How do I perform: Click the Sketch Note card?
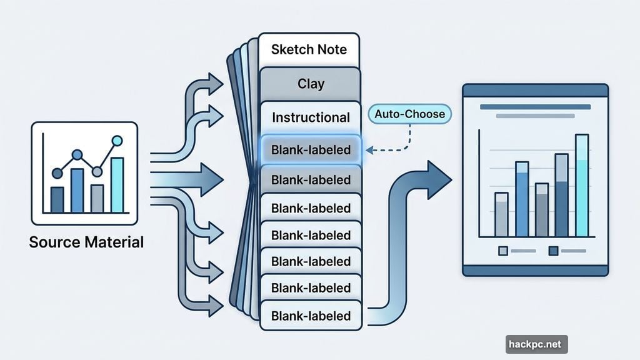(x=309, y=49)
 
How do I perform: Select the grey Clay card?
(x=311, y=83)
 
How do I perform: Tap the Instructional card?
(x=311, y=117)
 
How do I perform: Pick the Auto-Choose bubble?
(x=410, y=114)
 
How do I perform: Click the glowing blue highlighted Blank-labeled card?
(x=311, y=150)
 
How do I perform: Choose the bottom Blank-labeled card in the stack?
(x=311, y=316)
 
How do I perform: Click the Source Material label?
(x=86, y=241)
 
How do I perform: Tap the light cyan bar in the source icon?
(x=117, y=185)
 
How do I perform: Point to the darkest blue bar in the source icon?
(x=57, y=199)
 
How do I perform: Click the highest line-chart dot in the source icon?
(x=116, y=139)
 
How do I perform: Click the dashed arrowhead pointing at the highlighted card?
(x=369, y=150)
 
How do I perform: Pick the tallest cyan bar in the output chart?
(x=581, y=186)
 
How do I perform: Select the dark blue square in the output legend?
(x=552, y=251)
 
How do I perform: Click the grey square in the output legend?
(x=503, y=251)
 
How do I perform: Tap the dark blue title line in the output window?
(x=535, y=107)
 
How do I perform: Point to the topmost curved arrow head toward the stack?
(x=216, y=83)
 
